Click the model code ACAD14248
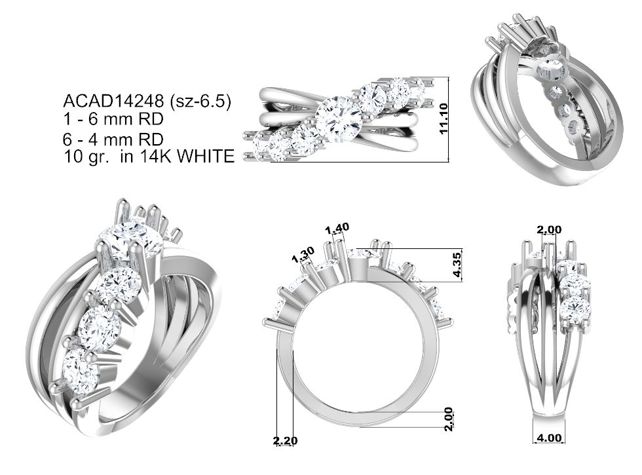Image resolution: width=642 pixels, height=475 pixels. click(x=113, y=100)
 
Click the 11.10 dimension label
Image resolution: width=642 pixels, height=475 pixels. click(x=444, y=119)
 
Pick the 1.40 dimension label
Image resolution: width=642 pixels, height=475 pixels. click(x=337, y=228)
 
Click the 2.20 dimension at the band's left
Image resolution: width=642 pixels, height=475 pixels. click(x=286, y=441)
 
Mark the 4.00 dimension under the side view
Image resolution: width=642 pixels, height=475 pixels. click(x=549, y=438)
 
